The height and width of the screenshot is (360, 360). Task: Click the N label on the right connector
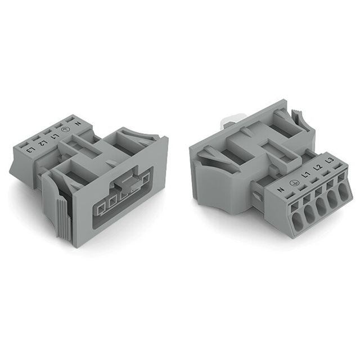point(281,191)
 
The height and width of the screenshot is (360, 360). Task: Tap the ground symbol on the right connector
point(292,183)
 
